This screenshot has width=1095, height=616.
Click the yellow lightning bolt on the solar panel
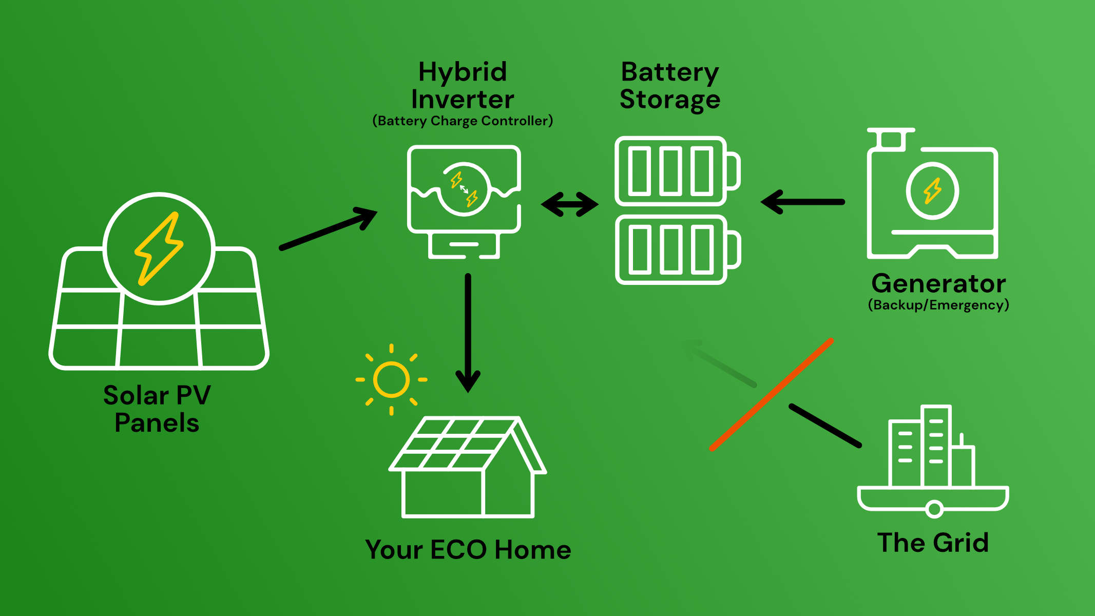click(x=159, y=249)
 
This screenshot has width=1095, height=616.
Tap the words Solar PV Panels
click(x=157, y=409)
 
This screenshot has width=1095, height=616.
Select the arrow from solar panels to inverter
click(x=329, y=228)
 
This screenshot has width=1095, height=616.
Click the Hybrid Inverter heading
click(x=463, y=85)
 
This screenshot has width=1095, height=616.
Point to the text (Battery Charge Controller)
click(x=463, y=121)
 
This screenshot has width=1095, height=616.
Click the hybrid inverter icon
click(x=464, y=202)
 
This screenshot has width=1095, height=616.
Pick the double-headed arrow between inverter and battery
click(x=570, y=204)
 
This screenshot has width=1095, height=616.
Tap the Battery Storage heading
click(x=670, y=85)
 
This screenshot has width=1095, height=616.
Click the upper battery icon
click(x=678, y=171)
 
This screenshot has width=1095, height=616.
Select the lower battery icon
click(x=678, y=249)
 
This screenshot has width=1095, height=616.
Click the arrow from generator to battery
click(x=802, y=202)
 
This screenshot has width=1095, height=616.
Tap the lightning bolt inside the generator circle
click(x=932, y=191)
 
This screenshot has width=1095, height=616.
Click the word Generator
click(x=938, y=283)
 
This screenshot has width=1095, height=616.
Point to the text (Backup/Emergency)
click(x=938, y=305)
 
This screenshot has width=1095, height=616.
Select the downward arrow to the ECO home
click(x=468, y=333)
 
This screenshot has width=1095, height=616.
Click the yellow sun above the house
click(x=392, y=380)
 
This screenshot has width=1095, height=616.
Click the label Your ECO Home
click(x=468, y=549)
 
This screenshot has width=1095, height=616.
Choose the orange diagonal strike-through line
click(x=771, y=394)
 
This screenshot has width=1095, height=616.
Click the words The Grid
click(x=933, y=543)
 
